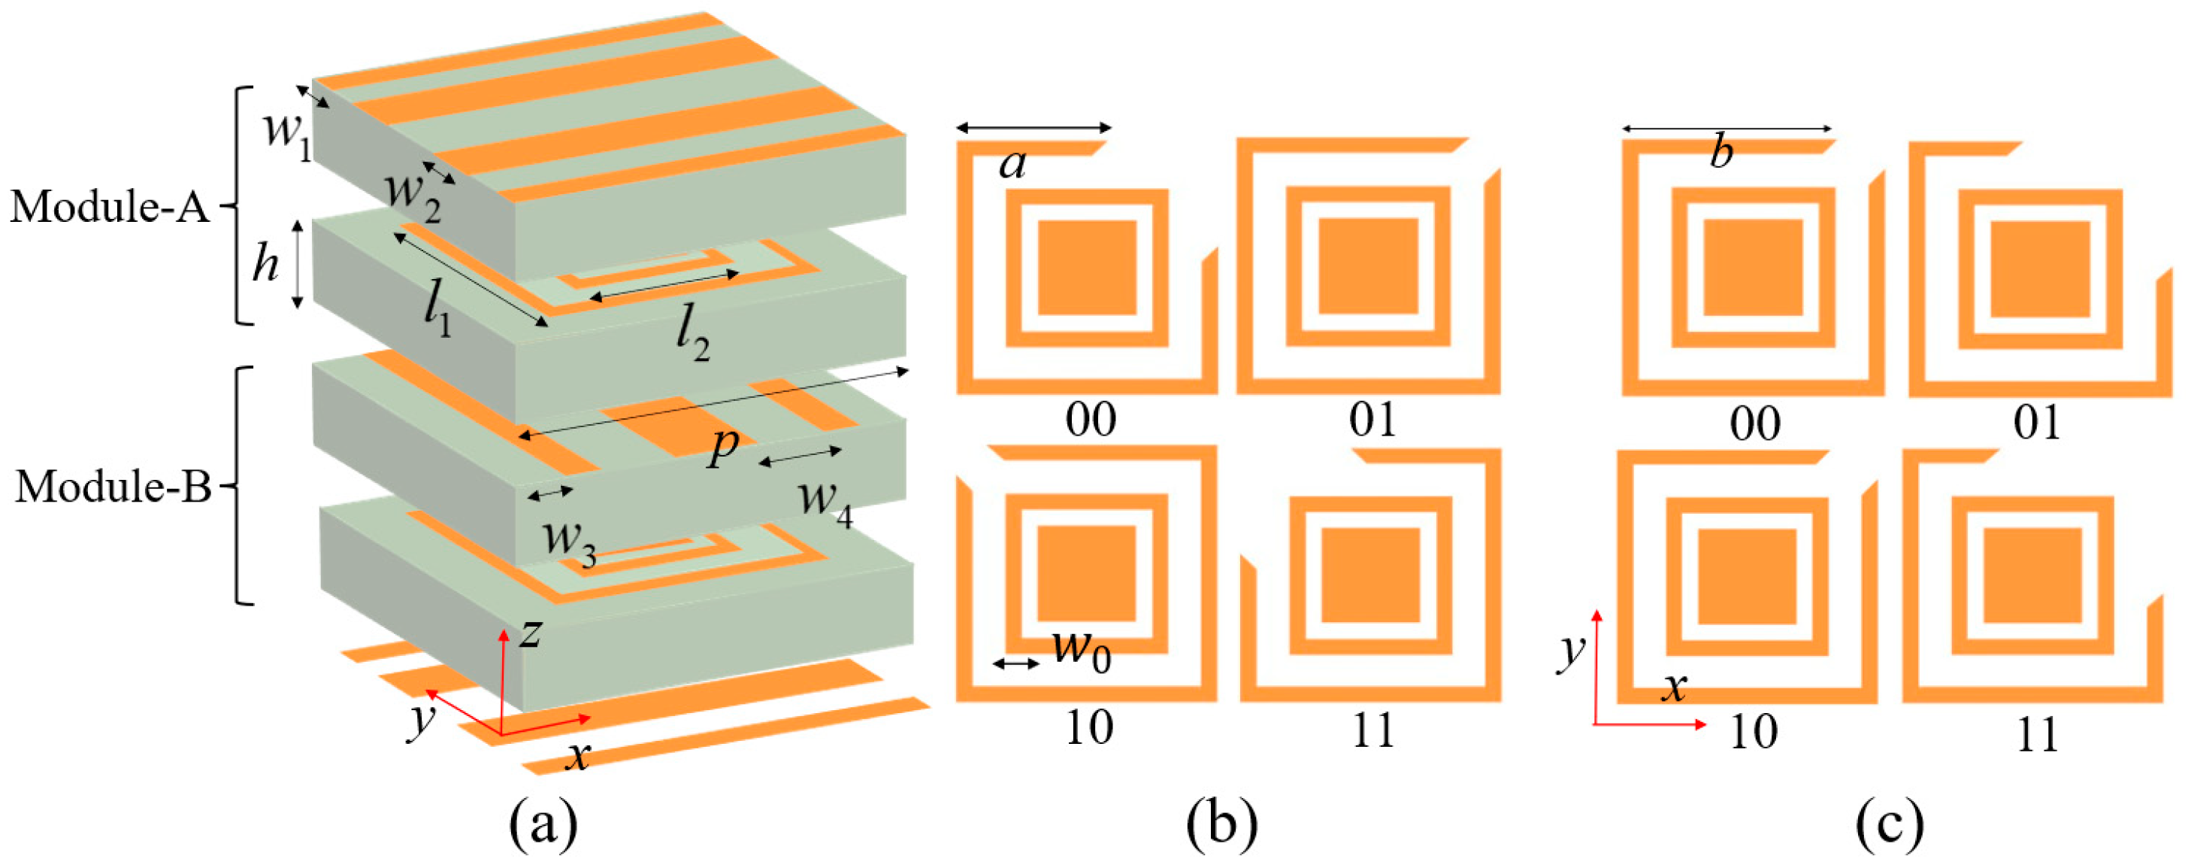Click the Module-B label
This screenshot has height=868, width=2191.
point(113,487)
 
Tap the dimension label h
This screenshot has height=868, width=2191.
point(265,264)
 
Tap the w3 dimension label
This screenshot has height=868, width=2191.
point(569,540)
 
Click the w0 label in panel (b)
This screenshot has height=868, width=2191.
point(1081,651)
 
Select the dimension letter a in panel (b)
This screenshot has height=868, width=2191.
point(1012,162)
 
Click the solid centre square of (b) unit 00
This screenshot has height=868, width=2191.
point(1087,268)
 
